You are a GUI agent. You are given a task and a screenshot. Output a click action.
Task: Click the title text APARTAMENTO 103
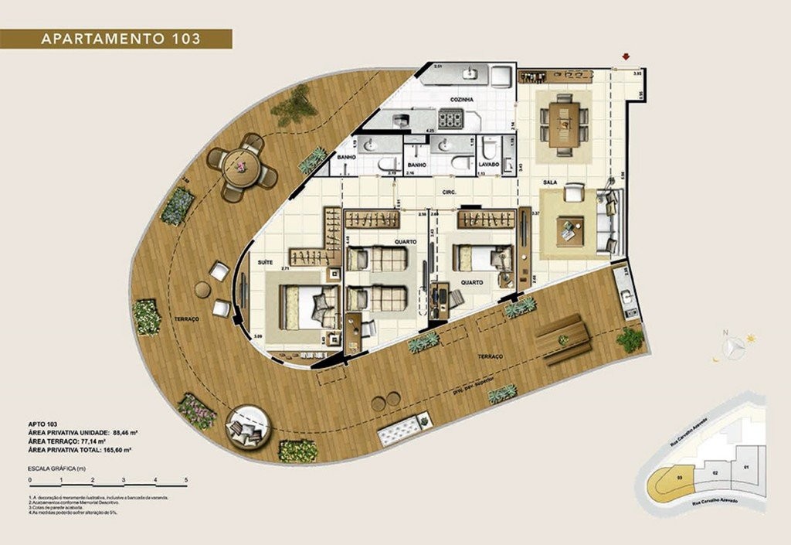coord(115,39)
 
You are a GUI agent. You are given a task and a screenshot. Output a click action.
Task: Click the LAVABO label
coord(488,165)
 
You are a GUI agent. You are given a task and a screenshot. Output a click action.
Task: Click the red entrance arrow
coord(626,56)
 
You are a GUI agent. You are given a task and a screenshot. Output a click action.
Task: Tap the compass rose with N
coord(732,345)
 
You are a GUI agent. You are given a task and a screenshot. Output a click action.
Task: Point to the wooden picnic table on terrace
coord(563,340)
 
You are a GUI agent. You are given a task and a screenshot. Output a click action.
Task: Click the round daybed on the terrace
coord(248,425)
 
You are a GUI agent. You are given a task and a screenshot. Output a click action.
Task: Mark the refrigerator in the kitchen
coord(501,75)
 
